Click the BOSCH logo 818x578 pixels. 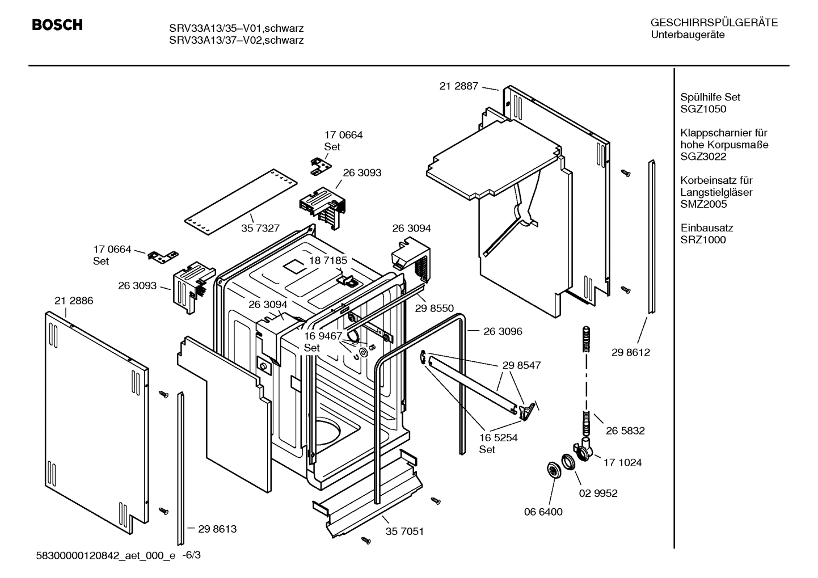(x=57, y=25)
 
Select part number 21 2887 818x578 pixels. (x=458, y=86)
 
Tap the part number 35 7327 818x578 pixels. (x=260, y=228)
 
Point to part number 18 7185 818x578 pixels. (x=327, y=260)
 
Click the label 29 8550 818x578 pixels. (x=434, y=308)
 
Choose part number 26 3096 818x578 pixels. (x=503, y=331)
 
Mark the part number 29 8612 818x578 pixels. (x=630, y=352)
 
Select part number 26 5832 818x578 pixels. (x=625, y=431)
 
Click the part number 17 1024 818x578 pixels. (x=622, y=462)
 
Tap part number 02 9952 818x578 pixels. (x=598, y=493)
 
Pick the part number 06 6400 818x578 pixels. (x=543, y=512)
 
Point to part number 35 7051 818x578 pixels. (x=404, y=531)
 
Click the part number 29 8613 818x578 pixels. (x=217, y=529)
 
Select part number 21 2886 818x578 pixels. (x=74, y=301)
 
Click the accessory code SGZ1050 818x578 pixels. (x=703, y=109)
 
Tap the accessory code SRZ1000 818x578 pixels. (x=703, y=240)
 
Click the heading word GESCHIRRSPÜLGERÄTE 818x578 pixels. (x=714, y=23)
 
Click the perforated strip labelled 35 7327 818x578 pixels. (x=241, y=201)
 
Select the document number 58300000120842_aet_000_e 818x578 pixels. (x=106, y=555)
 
